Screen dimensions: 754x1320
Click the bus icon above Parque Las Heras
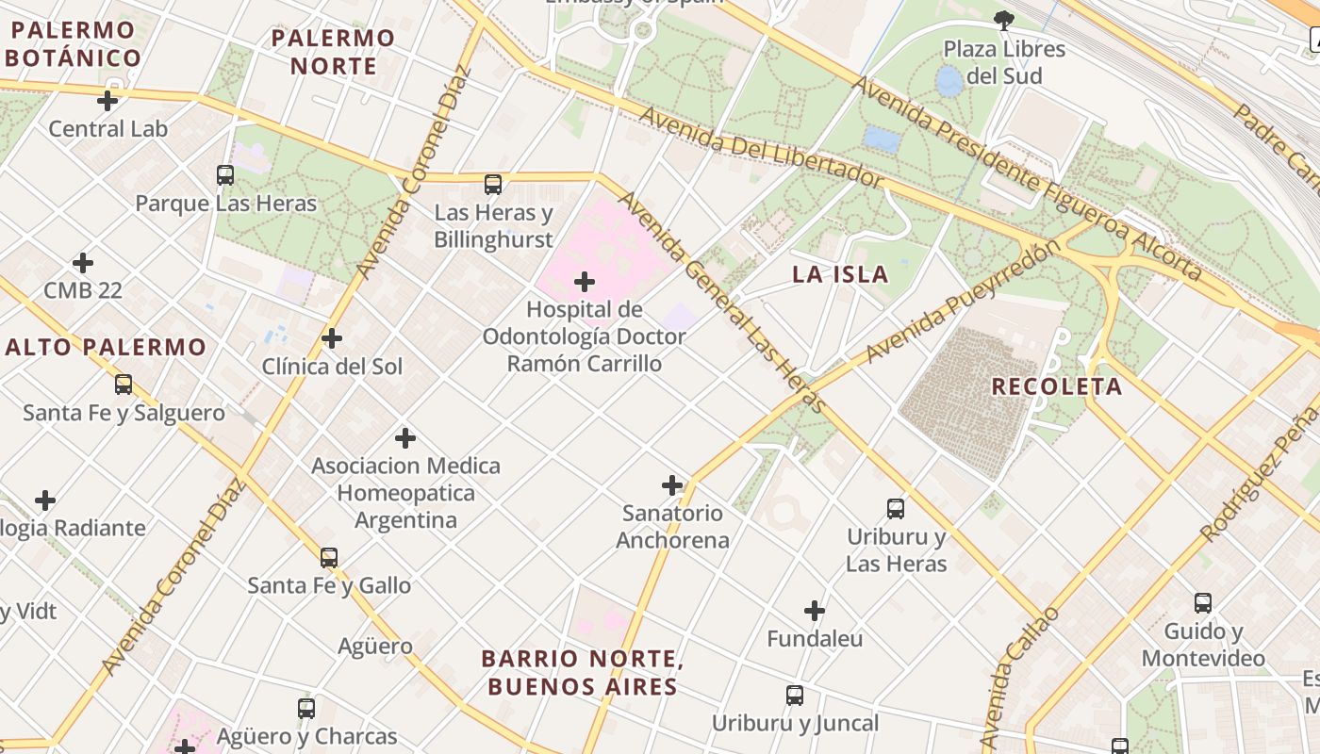point(224,174)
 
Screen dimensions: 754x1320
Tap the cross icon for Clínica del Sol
point(332,337)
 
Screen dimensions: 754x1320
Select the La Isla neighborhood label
point(840,274)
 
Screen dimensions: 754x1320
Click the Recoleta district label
point(1057,386)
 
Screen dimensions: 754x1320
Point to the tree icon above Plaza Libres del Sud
point(1004,19)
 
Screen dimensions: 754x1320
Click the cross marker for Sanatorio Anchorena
point(672,485)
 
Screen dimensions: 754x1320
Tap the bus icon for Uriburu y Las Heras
point(896,509)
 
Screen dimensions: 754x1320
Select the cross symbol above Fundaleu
point(815,611)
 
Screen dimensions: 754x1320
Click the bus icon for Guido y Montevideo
point(1203,603)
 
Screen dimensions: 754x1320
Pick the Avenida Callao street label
point(1019,680)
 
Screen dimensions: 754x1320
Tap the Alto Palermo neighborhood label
point(106,347)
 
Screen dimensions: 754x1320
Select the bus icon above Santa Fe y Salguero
point(124,385)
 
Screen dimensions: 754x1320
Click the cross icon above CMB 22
point(83,262)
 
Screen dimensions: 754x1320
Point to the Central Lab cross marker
point(107,100)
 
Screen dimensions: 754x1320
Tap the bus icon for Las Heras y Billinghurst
point(493,185)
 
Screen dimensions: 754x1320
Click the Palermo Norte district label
point(334,52)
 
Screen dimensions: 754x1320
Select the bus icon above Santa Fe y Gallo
point(329,557)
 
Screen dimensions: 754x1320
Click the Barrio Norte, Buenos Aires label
point(583,672)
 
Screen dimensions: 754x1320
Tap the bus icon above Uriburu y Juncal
point(795,696)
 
